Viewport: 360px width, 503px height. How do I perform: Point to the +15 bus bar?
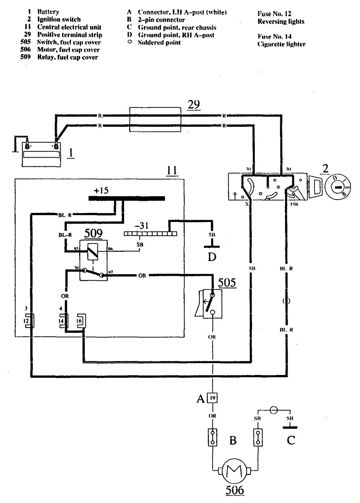click(126, 198)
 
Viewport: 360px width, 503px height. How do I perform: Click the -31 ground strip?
click(150, 234)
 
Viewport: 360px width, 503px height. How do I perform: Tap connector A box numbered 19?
click(214, 398)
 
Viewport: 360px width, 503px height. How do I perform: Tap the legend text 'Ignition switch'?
click(59, 20)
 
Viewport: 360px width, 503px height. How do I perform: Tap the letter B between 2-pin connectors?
click(233, 441)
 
